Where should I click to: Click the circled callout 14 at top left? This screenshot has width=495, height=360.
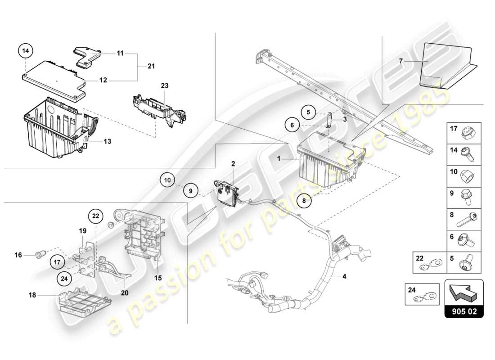coord(26,51)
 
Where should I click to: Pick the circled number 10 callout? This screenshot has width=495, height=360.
coord(167,181)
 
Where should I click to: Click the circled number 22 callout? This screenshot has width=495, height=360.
coord(95,216)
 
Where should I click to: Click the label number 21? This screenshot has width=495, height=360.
coord(151,67)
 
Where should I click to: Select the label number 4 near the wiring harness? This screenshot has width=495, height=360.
coord(344,276)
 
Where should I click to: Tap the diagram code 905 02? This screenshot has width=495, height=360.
coord(464,310)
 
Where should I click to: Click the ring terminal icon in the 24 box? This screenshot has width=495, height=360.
coord(425,299)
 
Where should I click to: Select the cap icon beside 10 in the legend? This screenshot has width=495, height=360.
coord(466,176)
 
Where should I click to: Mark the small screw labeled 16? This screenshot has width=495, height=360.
coord(39,256)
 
